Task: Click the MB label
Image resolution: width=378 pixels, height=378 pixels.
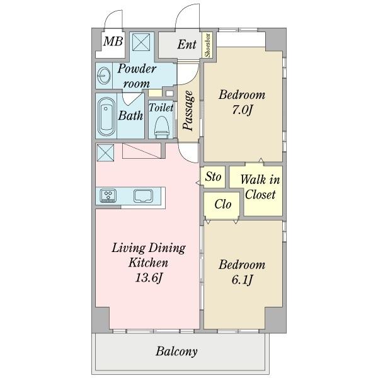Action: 113,41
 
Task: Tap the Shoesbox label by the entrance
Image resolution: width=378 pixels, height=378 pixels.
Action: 207,45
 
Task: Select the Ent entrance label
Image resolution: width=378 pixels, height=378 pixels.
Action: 187,44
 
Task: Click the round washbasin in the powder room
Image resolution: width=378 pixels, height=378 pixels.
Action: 104,76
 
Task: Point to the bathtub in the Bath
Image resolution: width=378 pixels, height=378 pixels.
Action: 106,117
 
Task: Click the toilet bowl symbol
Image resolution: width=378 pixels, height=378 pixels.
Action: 161,127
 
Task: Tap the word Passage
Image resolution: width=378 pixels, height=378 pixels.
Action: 188,111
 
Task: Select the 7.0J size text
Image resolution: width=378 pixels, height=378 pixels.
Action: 242,110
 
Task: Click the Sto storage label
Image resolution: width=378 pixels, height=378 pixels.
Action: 213,176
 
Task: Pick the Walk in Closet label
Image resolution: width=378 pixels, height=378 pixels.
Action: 260,187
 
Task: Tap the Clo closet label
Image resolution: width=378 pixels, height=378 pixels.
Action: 223,204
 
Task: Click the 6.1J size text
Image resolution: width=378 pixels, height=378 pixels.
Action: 242,280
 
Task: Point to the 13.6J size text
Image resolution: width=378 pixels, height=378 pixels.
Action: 148,277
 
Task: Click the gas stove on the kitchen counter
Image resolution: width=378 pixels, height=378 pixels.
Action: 108,195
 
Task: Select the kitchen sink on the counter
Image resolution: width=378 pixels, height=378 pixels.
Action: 143,196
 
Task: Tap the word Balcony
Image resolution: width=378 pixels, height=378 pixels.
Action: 176,352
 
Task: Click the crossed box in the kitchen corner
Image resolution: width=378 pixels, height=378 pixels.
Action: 105,153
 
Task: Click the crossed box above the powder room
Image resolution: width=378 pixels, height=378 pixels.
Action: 141,42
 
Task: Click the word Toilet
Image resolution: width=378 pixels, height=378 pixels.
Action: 161,108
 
